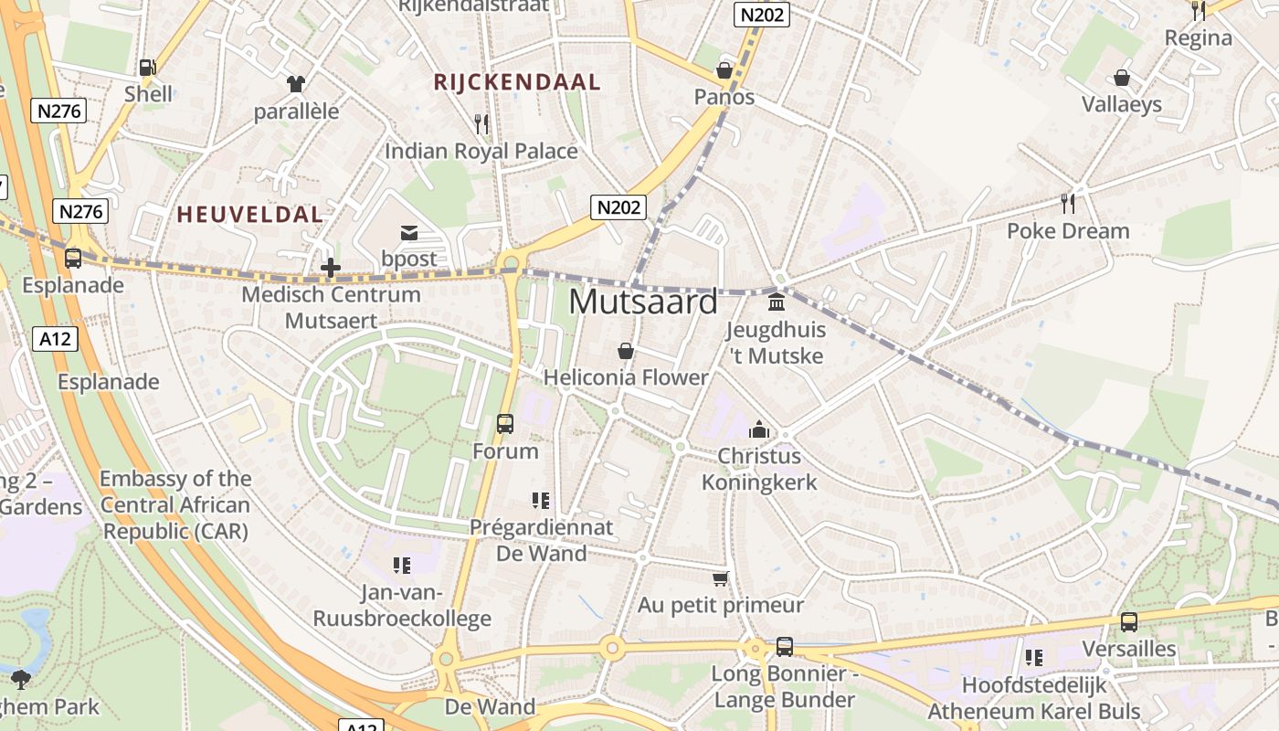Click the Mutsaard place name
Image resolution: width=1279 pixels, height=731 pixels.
(x=643, y=302)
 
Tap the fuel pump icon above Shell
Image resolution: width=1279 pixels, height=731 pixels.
(x=147, y=67)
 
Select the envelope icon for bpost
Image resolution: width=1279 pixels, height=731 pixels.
(x=408, y=233)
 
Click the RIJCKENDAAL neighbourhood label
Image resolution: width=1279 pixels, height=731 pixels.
(x=517, y=82)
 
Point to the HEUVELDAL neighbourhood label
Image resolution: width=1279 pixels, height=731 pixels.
(x=249, y=215)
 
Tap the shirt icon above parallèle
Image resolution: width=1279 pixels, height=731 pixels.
(x=296, y=84)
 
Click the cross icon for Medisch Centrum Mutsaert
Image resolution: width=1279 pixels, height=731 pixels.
(x=331, y=268)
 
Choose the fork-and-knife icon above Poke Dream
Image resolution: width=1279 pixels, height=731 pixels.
(x=1067, y=203)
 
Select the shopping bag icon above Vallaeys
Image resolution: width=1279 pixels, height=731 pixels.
(x=1122, y=78)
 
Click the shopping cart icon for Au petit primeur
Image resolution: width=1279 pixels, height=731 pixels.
(x=721, y=578)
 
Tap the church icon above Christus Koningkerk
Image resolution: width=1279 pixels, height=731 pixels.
(x=759, y=429)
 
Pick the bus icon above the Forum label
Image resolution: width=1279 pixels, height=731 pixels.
(x=505, y=424)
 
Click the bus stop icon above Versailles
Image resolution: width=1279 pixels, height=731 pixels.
(x=1129, y=622)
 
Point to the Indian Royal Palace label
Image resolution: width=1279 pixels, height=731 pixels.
(x=481, y=151)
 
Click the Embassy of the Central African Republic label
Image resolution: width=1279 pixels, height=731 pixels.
(x=174, y=504)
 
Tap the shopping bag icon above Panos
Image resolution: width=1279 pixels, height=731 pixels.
(x=724, y=70)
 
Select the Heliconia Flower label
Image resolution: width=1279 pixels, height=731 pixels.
(x=626, y=377)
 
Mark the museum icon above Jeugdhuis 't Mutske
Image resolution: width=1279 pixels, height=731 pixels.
(x=777, y=302)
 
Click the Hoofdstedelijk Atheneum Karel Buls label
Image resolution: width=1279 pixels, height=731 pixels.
(x=1034, y=698)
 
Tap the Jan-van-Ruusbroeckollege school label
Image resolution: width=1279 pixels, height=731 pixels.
(x=402, y=606)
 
